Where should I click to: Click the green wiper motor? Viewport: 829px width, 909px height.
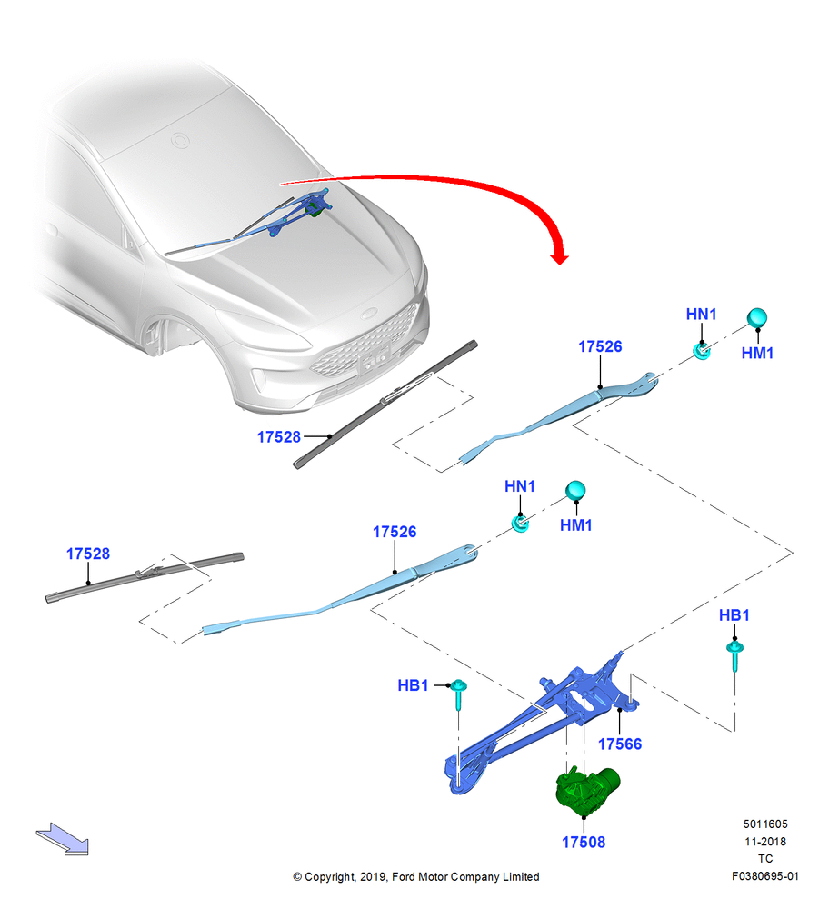coord(586,790)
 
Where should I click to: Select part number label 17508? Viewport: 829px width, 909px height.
coord(584,843)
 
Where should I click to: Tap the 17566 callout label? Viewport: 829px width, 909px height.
coord(620,744)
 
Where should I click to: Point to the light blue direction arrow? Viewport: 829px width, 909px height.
coord(63,839)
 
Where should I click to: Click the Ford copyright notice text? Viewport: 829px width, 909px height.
coord(415,876)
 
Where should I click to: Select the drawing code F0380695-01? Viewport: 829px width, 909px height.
coord(764,876)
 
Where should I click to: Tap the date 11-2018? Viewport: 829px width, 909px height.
coord(765,841)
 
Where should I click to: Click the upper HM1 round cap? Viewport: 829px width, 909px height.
coord(756,318)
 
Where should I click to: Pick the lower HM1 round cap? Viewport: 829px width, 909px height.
coord(575,491)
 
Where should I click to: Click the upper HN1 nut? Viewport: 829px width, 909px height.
coord(702,351)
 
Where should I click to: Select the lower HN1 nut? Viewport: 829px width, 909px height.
coord(520,524)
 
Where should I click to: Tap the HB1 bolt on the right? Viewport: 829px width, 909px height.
coord(734,655)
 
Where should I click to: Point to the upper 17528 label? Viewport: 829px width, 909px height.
coord(279,437)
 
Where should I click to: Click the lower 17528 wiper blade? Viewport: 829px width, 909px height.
coord(145,577)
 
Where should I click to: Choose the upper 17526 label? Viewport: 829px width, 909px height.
coord(600,346)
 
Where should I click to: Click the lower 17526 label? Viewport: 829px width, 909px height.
coord(395,532)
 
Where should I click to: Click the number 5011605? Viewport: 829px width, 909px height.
coord(765,824)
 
